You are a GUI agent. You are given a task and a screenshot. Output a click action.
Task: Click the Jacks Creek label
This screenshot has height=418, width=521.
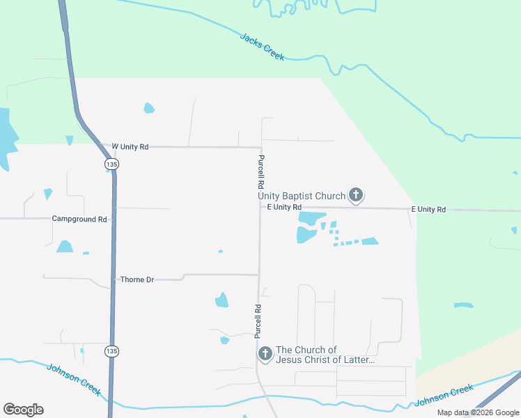[262, 47]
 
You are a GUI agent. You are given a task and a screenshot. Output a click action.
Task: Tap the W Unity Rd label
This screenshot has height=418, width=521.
[130, 146]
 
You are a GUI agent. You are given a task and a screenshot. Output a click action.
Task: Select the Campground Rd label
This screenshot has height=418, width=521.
[79, 219]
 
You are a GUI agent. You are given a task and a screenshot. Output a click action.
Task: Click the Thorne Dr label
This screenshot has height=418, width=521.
[137, 279]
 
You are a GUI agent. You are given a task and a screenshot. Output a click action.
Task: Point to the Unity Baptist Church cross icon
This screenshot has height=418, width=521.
[356, 195]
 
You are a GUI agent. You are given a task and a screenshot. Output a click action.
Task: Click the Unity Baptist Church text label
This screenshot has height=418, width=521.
[302, 196]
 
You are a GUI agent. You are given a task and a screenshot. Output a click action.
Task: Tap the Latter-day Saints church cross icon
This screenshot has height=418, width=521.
[265, 354]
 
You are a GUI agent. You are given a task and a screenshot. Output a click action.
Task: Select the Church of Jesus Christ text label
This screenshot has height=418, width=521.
[325, 355]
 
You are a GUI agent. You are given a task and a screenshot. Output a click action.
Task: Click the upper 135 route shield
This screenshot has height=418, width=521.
[111, 164]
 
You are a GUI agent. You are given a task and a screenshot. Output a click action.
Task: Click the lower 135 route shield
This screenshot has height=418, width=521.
[111, 350]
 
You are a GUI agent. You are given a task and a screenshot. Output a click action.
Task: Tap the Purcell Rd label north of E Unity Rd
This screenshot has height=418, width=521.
[260, 172]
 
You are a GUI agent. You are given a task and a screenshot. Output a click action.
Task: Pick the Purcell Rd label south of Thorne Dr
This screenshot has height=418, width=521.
[258, 321]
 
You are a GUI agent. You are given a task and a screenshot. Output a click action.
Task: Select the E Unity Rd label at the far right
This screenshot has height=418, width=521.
[428, 209]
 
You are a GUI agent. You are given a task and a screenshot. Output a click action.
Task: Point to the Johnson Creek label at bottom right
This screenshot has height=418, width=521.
[444, 396]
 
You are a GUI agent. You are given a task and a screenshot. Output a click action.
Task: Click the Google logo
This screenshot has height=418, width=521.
[23, 410]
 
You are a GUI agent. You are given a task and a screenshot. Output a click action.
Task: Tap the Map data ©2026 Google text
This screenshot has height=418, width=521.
[478, 412]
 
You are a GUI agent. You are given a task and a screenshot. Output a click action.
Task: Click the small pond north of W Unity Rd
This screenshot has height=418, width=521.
[148, 108]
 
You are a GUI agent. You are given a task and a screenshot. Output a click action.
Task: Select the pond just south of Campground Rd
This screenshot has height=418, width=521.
[65, 246]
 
